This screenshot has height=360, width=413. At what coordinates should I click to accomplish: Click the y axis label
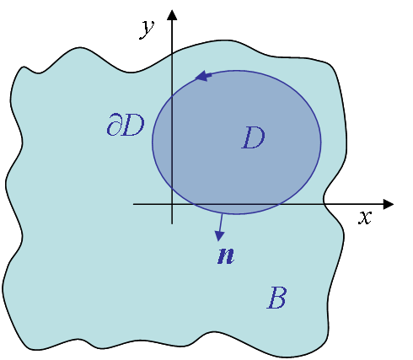[x=147, y=30]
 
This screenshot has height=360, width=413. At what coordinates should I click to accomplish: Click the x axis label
[x=365, y=218]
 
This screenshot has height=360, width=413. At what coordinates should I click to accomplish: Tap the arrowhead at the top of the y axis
[x=172, y=15]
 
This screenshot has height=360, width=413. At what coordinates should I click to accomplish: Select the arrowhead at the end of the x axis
[x=389, y=204]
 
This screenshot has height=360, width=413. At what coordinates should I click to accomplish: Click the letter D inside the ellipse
[x=254, y=137]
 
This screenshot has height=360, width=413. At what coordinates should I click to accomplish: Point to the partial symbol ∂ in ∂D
[x=114, y=125]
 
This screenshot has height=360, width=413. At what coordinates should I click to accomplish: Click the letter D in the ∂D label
[x=133, y=126]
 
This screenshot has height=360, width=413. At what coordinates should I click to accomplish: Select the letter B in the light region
[x=276, y=298]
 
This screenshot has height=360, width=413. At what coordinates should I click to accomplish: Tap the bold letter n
[x=226, y=255]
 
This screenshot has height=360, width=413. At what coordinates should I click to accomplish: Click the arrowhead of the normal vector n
[x=219, y=236]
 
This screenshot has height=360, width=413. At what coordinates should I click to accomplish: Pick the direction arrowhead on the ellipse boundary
[x=203, y=76]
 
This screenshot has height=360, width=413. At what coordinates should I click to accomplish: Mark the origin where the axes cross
[x=172, y=204]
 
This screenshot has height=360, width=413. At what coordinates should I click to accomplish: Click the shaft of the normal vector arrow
[x=221, y=223]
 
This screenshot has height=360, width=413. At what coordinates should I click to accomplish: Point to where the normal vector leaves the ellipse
[x=222, y=214]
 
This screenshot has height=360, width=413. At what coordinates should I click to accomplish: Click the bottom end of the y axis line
[x=172, y=223]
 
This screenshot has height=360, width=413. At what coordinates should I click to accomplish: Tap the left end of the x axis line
[x=133, y=204]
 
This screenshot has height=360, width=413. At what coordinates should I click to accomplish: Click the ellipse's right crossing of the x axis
[x=279, y=204]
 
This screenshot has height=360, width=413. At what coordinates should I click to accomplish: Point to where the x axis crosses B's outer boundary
[x=324, y=204]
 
